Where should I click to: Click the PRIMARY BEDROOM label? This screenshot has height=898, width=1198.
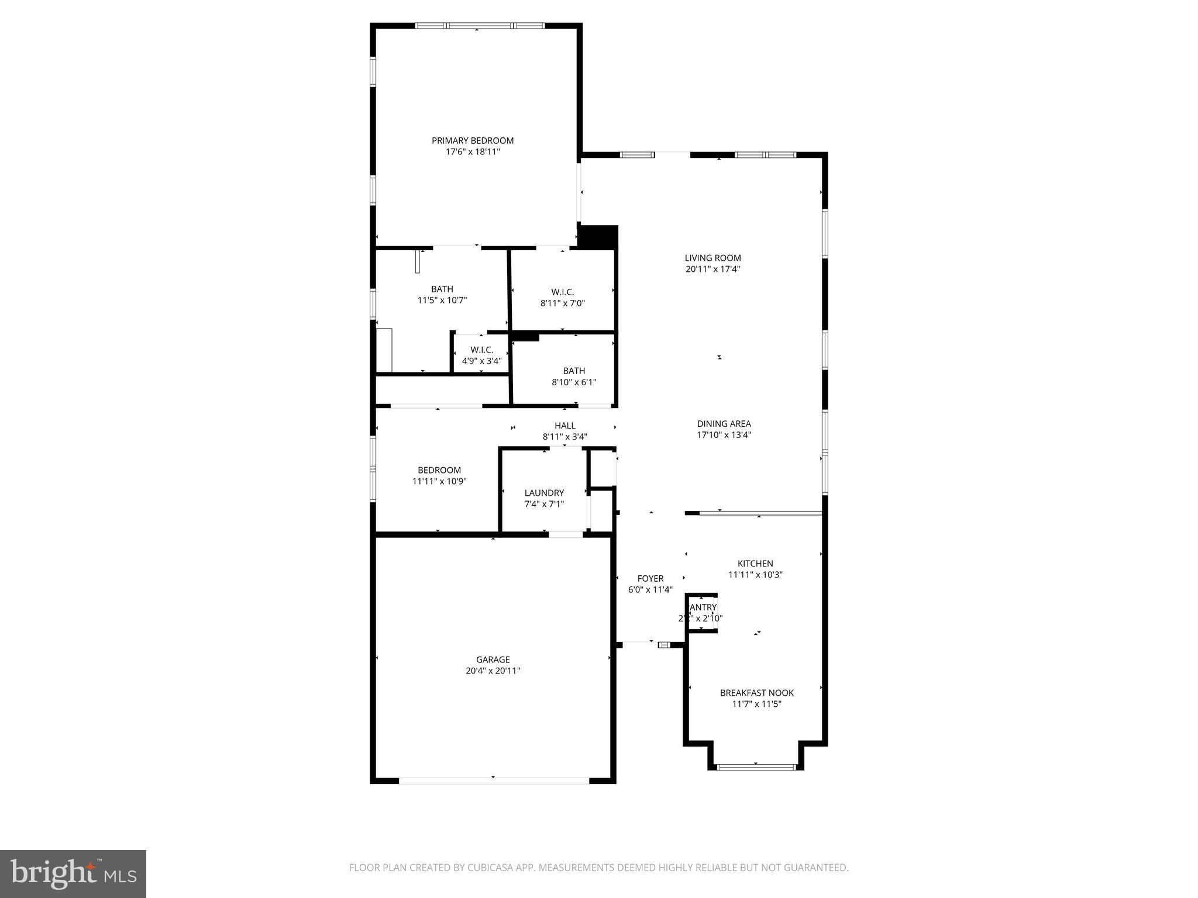473,140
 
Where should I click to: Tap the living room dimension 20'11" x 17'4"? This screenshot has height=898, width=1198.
712,269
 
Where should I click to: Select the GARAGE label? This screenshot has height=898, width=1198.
493,659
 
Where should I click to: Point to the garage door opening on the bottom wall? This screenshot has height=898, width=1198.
493,780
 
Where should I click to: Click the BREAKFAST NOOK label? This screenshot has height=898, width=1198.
756,693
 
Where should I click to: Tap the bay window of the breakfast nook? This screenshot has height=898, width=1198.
756,766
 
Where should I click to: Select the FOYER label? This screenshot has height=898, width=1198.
650,579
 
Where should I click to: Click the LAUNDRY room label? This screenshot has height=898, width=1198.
544,493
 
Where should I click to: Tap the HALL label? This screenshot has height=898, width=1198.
564,426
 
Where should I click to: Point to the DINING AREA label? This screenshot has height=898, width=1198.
724,424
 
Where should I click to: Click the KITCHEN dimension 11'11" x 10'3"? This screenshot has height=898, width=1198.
755,575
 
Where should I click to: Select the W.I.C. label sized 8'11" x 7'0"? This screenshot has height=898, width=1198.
562,292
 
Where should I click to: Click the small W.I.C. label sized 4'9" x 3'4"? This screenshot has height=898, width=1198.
481,350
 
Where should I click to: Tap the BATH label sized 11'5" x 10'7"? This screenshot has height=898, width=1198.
442,289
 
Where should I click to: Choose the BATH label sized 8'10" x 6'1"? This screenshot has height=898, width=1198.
574,371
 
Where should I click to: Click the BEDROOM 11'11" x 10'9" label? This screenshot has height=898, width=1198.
439,470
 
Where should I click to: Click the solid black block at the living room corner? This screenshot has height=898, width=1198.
597,237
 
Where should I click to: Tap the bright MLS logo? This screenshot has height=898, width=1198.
73,873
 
